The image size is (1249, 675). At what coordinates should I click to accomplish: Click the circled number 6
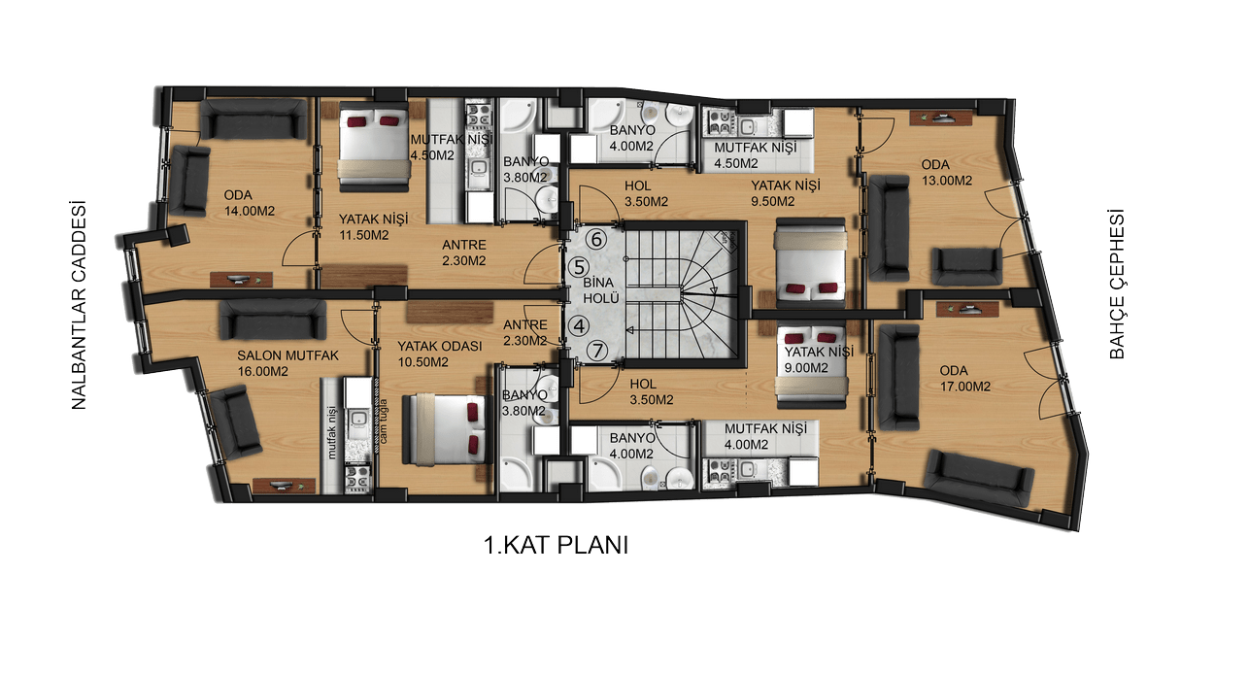click(596, 240)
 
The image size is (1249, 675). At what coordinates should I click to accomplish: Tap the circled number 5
click(578, 267)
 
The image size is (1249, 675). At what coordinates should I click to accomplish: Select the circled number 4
click(579, 326)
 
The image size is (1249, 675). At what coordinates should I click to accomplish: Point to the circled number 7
click(597, 352)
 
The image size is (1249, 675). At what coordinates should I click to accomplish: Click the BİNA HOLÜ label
click(601, 290)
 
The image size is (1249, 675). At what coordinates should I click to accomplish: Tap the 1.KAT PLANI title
click(556, 545)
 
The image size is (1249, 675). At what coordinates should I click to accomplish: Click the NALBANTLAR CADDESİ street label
click(80, 306)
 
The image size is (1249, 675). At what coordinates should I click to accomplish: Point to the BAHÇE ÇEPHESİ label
click(1117, 285)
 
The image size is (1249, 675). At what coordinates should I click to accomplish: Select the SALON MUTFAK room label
click(287, 355)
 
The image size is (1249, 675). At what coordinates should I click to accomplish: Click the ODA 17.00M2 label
click(965, 379)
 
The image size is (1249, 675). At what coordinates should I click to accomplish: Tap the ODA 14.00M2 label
click(250, 203)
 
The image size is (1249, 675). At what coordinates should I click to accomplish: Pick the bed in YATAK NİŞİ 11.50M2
click(374, 147)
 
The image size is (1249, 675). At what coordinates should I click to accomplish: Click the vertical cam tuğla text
click(383, 422)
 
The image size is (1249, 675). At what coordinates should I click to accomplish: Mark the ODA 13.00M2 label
click(946, 173)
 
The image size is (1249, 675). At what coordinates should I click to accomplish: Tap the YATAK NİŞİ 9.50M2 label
click(785, 193)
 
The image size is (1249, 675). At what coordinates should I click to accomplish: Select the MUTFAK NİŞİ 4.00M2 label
click(766, 436)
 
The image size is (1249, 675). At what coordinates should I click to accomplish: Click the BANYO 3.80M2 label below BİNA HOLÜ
click(524, 403)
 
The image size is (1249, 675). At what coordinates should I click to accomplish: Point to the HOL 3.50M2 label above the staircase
click(646, 193)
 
